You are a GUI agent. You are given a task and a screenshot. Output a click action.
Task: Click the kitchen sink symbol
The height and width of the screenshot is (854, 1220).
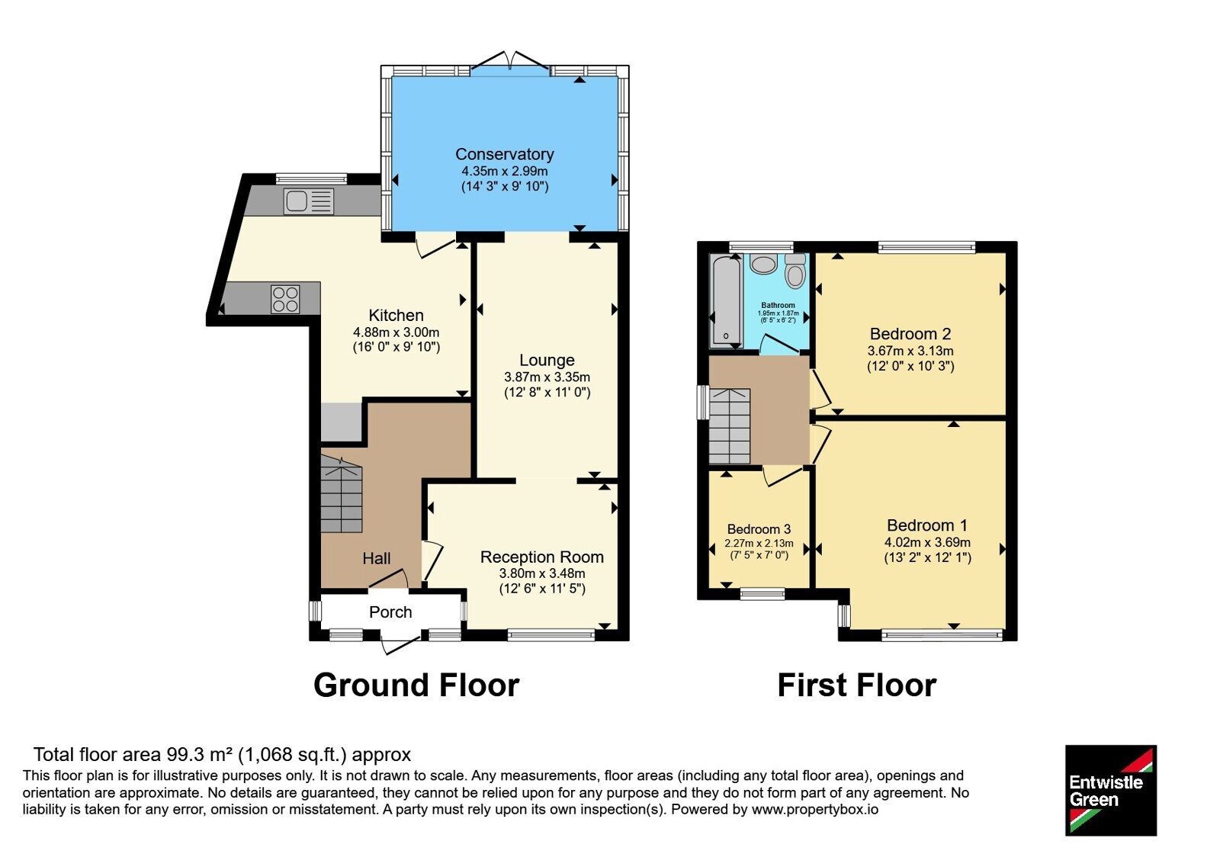pos(308,201)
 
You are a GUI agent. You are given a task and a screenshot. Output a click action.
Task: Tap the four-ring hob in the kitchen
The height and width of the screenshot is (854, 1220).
pos(285,299)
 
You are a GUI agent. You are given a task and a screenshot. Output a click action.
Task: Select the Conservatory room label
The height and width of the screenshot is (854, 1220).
pos(504,154)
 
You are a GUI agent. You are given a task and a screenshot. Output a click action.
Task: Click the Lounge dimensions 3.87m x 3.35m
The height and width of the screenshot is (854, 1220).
pos(547,377)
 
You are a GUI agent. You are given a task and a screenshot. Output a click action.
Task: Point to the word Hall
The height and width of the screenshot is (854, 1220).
pos(377,558)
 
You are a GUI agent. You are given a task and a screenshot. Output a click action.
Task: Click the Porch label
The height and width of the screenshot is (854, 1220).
pos(390,612)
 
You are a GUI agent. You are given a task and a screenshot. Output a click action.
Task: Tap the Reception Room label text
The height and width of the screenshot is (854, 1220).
pos(542,557)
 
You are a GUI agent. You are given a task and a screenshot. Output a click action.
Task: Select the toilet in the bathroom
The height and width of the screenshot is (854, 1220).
pos(795,271)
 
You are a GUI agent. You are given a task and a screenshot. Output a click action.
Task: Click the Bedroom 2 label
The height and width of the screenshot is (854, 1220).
pos(910,333)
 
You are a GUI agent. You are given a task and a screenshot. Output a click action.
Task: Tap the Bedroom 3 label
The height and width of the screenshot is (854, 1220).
pos(759,529)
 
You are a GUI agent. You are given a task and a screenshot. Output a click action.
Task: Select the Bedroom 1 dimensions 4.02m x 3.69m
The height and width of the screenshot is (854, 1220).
pos(927,542)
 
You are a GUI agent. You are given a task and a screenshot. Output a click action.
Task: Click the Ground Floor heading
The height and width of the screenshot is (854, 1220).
pos(416,685)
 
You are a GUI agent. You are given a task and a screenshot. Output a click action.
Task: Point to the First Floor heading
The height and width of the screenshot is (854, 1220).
pos(857,685)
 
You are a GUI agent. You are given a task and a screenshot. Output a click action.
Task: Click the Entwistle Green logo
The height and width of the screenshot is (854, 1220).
pos(1111,790)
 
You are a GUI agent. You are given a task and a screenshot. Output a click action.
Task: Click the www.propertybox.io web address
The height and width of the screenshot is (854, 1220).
pos(815,809)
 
